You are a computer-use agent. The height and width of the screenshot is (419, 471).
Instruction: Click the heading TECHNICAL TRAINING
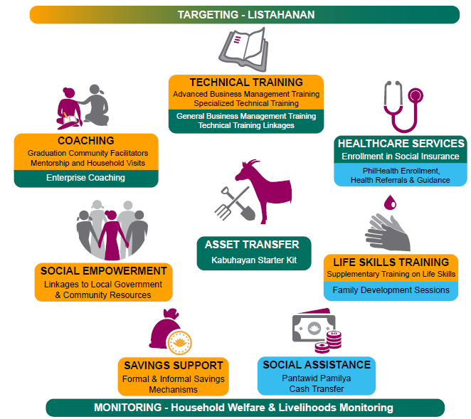245,83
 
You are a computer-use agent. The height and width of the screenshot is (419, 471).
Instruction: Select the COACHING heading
85,141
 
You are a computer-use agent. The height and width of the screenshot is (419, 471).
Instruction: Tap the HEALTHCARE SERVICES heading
401,143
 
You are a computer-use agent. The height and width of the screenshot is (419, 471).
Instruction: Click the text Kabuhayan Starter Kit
252,260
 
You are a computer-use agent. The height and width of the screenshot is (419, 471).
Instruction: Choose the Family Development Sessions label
391,290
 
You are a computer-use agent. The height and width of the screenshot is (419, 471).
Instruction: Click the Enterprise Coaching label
85,178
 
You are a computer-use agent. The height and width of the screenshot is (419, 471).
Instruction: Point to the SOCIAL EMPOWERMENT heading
104,271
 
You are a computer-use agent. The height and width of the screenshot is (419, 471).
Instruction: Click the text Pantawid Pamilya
316,378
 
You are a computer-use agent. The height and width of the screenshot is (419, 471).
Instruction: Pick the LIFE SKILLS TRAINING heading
391,262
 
